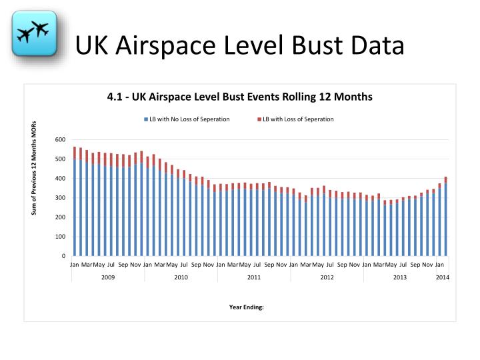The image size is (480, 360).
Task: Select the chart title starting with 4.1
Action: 239,96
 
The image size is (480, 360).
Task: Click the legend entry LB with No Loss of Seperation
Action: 189,119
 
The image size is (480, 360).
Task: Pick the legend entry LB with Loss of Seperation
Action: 298,119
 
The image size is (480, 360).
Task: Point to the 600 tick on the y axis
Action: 61,140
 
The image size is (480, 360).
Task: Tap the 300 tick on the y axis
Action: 61,198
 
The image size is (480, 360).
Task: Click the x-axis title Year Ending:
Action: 247,307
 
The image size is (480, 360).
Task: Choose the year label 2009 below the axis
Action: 108,277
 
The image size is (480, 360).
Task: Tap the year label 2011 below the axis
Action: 254,277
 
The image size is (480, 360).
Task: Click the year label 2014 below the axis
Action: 443,277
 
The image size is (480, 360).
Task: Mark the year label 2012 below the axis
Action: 327,277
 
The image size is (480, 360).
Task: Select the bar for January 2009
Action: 75,207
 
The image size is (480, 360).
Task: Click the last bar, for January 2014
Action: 445,220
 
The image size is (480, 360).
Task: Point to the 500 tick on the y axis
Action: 61,159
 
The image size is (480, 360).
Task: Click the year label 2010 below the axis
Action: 181,277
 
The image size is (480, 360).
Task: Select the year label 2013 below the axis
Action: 400,277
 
